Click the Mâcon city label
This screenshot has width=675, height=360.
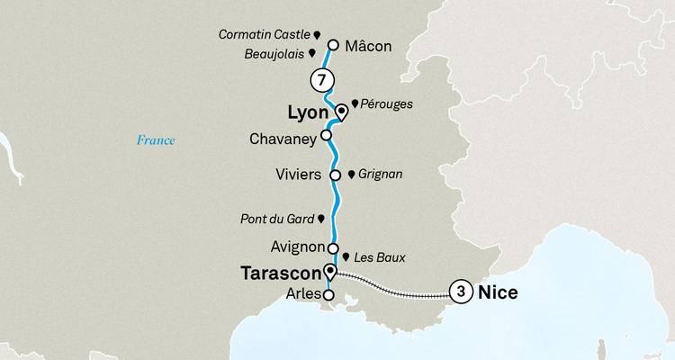pos(369,45)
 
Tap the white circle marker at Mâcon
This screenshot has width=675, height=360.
pos(333,44)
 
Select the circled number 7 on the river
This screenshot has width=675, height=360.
pos(319,79)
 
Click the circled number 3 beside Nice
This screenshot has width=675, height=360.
pos(461,292)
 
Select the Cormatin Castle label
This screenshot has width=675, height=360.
pos(263,34)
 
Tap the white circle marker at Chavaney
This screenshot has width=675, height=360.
pos(327,137)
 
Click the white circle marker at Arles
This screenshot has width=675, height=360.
pos(328,294)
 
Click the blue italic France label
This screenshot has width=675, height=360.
pos(155,139)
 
